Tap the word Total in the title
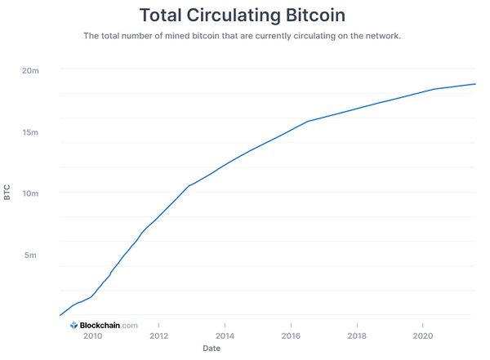click(166, 15)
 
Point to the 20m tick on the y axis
click(30, 71)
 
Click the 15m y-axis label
click(30, 132)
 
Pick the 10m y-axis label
click(30, 193)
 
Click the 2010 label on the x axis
click(92, 336)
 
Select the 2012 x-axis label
click(158, 336)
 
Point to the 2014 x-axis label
click(225, 336)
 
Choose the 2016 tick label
click(291, 336)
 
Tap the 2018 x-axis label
click(357, 336)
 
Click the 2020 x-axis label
click(423, 336)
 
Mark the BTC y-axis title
click(7, 193)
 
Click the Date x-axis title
click(212, 349)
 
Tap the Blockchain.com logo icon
click(73, 325)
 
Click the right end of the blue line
click(475, 84)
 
